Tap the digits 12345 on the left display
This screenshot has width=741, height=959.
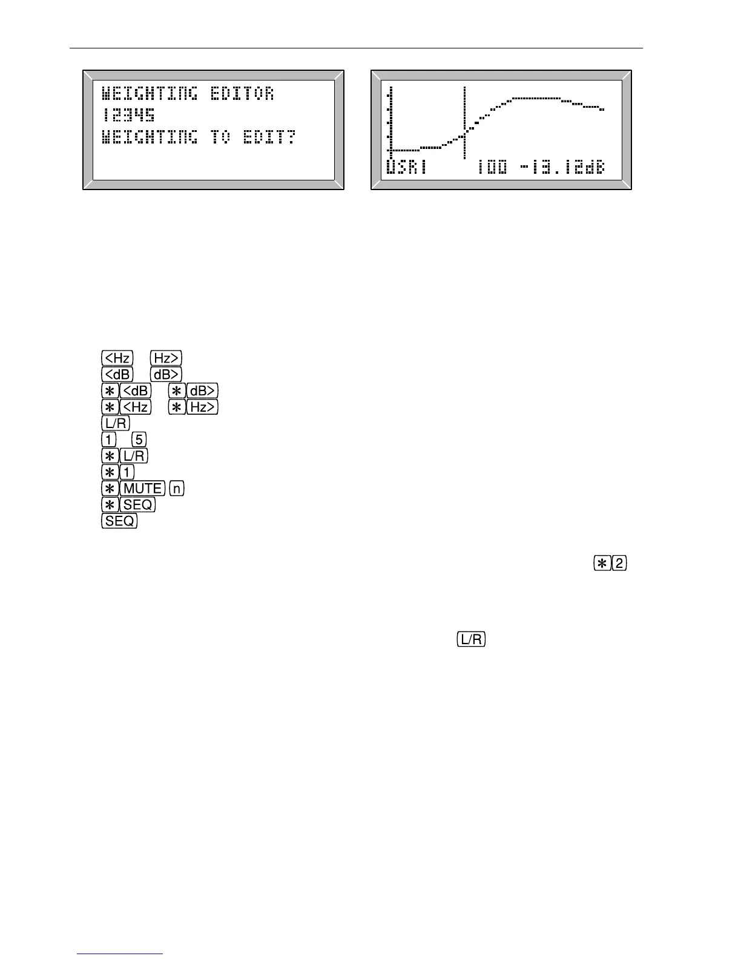128,115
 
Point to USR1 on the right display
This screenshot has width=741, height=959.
406,167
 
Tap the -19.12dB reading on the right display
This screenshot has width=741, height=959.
562,167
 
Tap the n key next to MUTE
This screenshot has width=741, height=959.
177,488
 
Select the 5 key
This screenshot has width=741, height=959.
139,439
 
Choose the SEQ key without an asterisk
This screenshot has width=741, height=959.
120,521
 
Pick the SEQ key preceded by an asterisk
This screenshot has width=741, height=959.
138,504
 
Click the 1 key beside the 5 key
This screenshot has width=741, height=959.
108,439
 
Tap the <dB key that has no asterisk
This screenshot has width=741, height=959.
117,374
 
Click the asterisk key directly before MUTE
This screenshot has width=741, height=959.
110,488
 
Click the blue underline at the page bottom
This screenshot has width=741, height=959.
120,954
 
